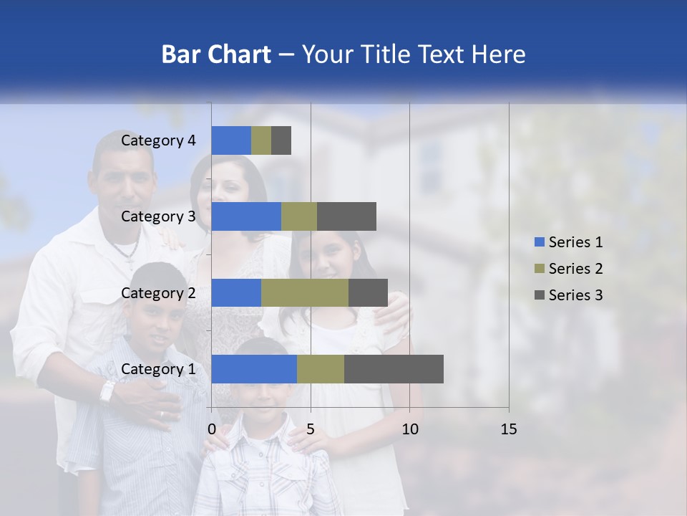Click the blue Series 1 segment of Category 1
(x=254, y=369)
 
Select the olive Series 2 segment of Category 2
(x=305, y=292)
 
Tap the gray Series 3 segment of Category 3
(x=346, y=216)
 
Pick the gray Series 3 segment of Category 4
(x=281, y=140)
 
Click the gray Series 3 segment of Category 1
(x=394, y=369)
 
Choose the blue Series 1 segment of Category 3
(x=246, y=216)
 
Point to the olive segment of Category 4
(x=261, y=140)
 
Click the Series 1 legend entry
(x=568, y=242)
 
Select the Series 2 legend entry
(x=568, y=269)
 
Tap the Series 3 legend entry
(x=568, y=295)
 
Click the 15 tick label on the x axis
(x=508, y=429)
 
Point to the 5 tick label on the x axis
(x=311, y=429)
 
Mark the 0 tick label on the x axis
(x=212, y=429)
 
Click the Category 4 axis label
(x=158, y=140)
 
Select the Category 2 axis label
(x=158, y=292)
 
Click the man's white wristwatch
(x=107, y=391)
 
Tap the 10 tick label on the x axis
(x=409, y=429)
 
